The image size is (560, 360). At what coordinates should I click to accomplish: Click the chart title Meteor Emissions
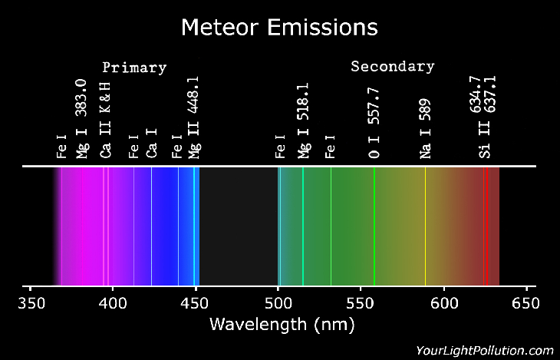click(279, 28)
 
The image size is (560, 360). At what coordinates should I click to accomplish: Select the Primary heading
click(134, 67)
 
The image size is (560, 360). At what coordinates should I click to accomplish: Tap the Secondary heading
click(392, 66)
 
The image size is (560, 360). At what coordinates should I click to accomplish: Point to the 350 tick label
click(30, 301)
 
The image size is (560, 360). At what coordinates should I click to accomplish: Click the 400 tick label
click(113, 301)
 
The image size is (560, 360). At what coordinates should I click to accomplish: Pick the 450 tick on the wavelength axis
click(196, 301)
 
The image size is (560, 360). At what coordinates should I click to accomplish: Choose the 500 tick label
click(278, 301)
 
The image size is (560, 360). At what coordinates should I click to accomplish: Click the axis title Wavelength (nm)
click(279, 325)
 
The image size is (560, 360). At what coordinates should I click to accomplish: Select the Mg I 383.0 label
click(82, 119)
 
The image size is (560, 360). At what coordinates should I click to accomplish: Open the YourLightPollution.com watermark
click(484, 349)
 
